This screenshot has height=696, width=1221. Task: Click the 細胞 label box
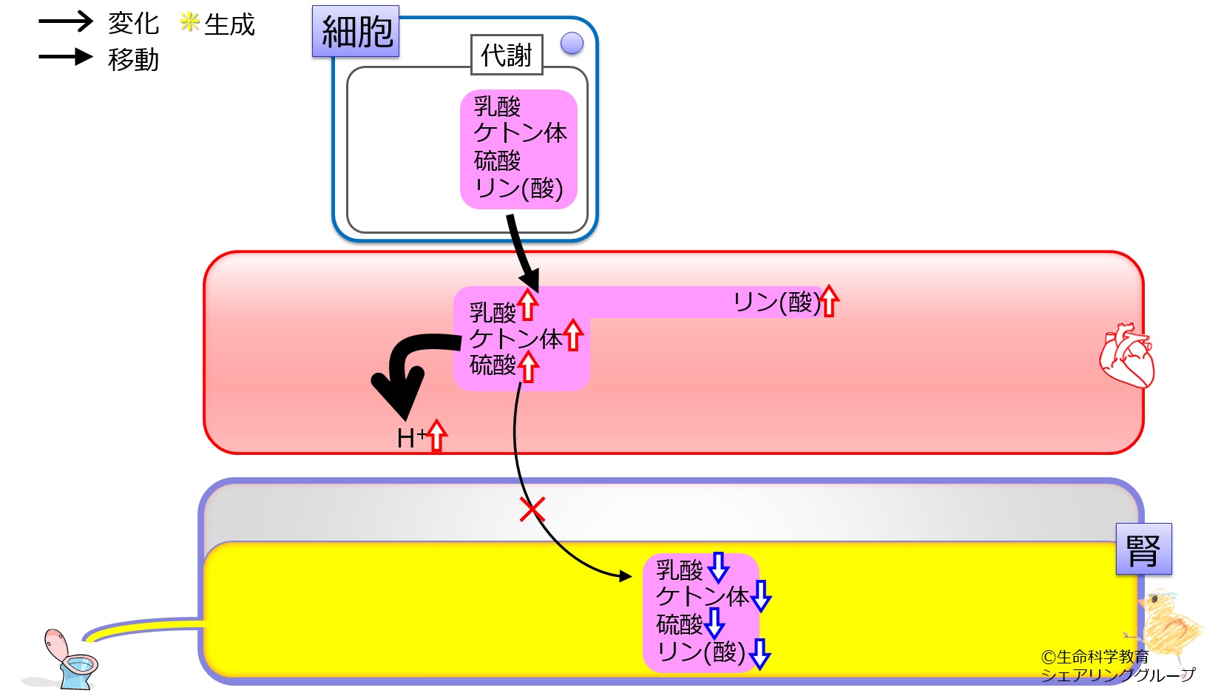click(356, 32)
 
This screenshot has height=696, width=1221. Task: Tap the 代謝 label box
click(507, 55)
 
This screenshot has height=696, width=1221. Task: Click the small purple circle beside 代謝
click(572, 44)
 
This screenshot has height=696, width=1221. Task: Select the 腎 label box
click(1143, 550)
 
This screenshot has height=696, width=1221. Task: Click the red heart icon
click(1126, 355)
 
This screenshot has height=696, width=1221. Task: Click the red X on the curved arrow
click(532, 510)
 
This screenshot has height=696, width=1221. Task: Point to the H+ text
click(410, 438)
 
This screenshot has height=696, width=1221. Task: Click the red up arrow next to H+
click(437, 435)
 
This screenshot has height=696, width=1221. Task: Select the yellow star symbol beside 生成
click(189, 22)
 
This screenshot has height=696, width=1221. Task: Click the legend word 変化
click(133, 23)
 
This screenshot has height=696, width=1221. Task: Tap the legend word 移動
click(133, 59)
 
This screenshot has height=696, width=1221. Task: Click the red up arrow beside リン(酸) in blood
click(830, 301)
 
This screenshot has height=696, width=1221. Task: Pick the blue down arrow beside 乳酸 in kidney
click(718, 567)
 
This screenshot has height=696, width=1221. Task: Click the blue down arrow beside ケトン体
click(761, 595)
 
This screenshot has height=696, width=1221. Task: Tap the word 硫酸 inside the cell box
click(497, 161)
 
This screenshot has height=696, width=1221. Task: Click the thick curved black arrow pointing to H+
click(403, 370)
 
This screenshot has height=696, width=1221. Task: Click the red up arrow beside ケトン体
click(573, 335)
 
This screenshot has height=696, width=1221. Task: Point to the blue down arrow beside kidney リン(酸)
click(760, 653)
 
